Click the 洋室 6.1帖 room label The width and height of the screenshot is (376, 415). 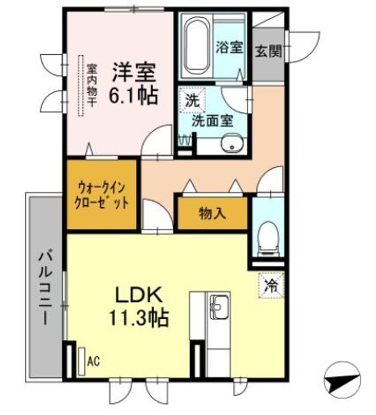134,84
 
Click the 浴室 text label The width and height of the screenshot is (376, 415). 229,48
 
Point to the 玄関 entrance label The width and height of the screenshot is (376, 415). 268,51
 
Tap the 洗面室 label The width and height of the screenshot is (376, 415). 212,121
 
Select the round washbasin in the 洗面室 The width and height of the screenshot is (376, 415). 232,144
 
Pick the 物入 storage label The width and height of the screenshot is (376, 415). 212,213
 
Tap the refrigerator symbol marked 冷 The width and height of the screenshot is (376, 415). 271,285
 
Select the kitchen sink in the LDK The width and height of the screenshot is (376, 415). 219,307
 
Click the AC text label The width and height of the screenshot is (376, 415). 94,361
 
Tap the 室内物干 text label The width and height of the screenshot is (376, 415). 92,85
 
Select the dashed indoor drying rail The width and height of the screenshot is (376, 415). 81,85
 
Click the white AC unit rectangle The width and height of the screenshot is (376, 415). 82,361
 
